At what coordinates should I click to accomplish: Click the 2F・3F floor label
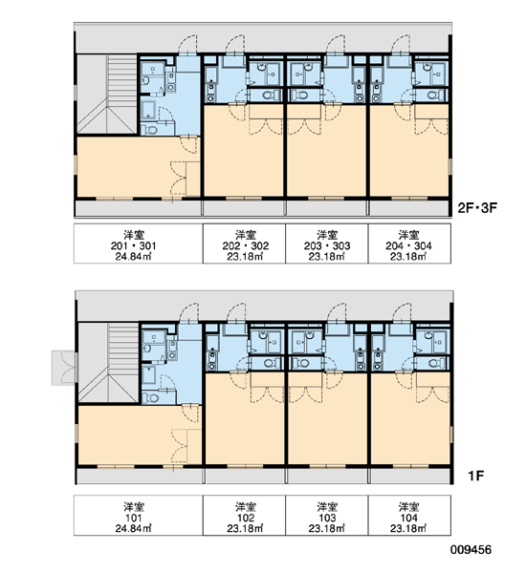[477, 208]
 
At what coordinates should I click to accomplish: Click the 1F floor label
[476, 476]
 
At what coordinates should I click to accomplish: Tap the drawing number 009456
[471, 549]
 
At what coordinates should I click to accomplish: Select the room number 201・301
[133, 246]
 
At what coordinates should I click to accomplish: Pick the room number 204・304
[408, 246]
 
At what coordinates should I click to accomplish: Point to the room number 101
[133, 518]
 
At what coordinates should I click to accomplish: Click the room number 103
[327, 518]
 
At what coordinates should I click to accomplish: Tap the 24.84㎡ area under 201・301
[133, 257]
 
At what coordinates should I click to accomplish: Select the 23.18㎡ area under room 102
[245, 528]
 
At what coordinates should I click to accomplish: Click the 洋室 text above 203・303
[327, 235]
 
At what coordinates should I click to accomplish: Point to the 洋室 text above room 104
[408, 507]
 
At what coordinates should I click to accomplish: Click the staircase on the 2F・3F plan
[107, 95]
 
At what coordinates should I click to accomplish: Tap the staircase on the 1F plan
[108, 363]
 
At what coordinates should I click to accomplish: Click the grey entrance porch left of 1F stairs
[64, 368]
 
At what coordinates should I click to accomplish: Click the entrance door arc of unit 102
[236, 312]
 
